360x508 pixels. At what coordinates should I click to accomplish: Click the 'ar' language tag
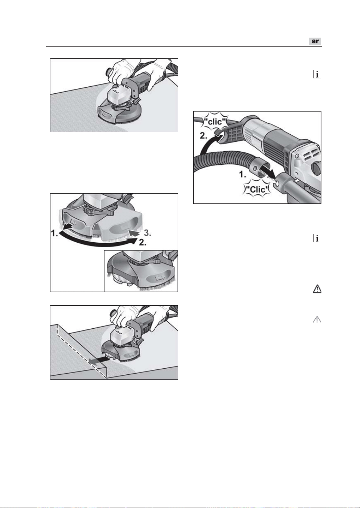315,41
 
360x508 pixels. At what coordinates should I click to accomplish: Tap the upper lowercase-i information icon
317,74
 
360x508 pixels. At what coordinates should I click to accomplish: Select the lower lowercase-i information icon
317,238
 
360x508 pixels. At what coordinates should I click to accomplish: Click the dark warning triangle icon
317,289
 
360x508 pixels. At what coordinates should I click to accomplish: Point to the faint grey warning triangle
317,320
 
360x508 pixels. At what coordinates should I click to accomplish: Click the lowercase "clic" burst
215,122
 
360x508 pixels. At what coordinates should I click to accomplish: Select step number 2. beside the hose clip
204,136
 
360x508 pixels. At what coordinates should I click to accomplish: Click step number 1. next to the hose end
243,175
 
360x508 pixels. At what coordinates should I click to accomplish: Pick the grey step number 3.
147,233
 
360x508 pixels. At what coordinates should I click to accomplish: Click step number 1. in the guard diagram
55,233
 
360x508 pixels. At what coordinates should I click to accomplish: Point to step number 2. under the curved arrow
143,243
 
